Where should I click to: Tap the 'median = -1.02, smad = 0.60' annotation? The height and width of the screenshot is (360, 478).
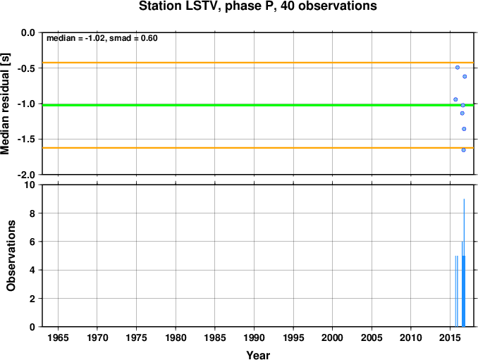[x=102, y=38]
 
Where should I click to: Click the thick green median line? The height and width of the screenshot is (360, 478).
[x=259, y=105]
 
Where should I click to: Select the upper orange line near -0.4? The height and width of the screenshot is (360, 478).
[x=259, y=63]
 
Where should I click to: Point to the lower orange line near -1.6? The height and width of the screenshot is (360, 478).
[x=259, y=148]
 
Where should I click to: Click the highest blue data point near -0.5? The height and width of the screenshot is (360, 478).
[x=458, y=68]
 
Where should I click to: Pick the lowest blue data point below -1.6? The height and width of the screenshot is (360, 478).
[x=463, y=150]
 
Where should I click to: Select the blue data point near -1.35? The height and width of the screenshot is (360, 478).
[x=464, y=129]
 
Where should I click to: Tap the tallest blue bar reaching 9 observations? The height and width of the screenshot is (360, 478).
[x=464, y=263]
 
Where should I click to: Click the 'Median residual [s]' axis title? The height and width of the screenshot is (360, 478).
[x=6, y=104]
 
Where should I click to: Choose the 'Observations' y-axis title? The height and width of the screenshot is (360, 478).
[x=11, y=256]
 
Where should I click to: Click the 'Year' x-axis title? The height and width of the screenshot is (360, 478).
[x=258, y=355]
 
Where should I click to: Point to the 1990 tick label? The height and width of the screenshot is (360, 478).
[x=254, y=337]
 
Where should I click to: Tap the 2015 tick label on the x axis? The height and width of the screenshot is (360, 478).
[x=450, y=337]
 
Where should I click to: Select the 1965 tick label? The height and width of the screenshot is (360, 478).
[x=58, y=337]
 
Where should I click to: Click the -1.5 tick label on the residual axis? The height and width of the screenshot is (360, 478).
[x=26, y=139]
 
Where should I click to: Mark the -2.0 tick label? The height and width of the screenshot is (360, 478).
[x=26, y=175]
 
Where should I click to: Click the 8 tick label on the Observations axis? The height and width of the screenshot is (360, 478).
[x=32, y=213]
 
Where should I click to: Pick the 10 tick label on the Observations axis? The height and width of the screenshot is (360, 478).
[x=29, y=185]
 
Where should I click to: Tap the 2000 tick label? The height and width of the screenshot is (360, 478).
[x=332, y=337]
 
